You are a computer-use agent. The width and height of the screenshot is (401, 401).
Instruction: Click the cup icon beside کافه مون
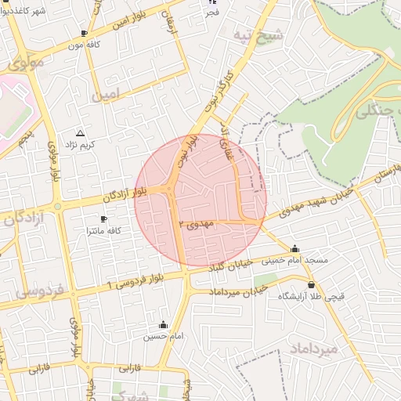tap(85, 34)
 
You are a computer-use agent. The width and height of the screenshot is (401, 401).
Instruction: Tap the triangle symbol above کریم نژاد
tap(80, 133)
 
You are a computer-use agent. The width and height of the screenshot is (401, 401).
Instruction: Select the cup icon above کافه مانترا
tap(103, 219)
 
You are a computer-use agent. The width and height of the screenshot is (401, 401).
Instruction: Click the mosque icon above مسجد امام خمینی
tap(294, 248)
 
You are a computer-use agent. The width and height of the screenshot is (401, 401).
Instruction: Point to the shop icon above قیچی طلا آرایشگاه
tap(312, 285)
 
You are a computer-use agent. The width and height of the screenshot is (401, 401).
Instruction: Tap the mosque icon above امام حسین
tap(164, 325)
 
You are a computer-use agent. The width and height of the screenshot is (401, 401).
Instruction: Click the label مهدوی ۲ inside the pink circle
tap(197, 224)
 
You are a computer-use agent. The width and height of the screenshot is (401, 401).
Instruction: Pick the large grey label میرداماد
tap(313, 348)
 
